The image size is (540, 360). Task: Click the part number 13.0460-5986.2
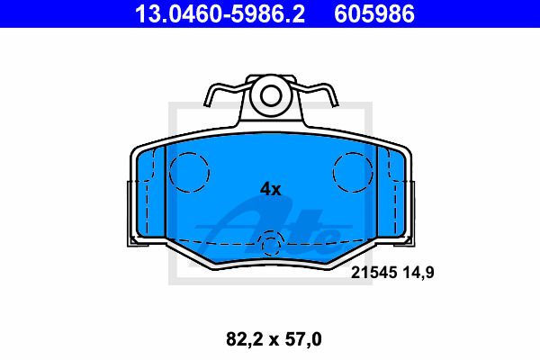click(220, 13)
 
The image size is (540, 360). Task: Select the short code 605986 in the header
click(374, 13)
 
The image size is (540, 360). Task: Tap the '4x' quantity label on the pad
click(270, 189)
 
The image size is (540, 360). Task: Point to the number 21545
click(373, 273)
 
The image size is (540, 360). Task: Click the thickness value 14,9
click(418, 273)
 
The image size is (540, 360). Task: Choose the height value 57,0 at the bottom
click(303, 339)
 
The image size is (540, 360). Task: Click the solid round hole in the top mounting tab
click(271, 94)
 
